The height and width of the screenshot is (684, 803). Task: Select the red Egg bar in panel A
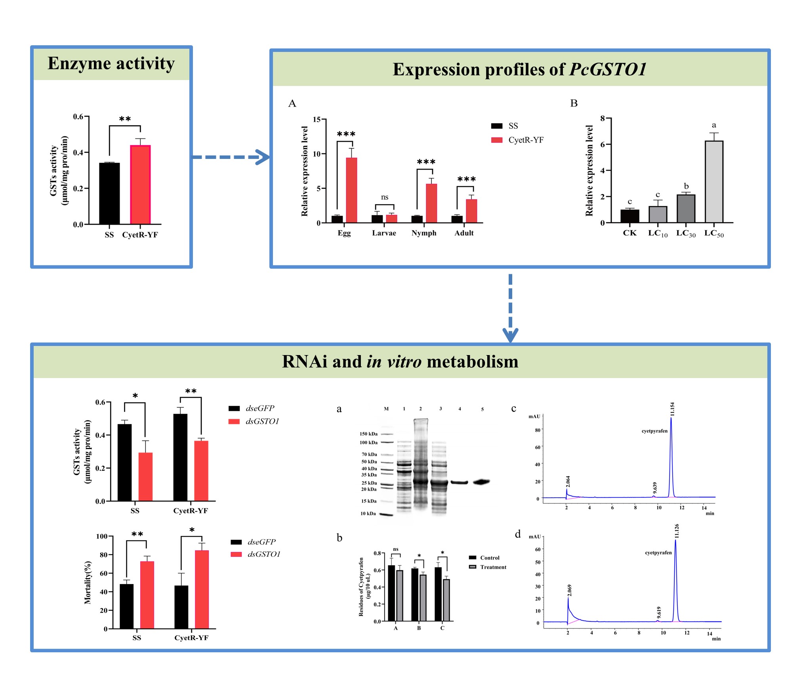tap(351, 190)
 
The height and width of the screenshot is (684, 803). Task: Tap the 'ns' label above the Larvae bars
tap(385, 197)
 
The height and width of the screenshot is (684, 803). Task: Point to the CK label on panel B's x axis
tap(629, 233)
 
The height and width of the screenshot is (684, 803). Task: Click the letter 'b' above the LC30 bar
tap(686, 186)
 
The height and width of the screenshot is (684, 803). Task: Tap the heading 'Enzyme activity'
tap(111, 63)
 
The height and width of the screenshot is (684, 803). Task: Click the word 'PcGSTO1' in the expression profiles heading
tap(608, 69)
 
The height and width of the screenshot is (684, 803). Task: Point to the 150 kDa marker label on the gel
tap(368, 434)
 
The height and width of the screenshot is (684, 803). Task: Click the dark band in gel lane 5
tap(481, 482)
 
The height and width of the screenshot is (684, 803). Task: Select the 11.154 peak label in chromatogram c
tap(672, 409)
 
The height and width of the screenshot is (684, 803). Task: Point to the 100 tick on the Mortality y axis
tap(102, 536)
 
